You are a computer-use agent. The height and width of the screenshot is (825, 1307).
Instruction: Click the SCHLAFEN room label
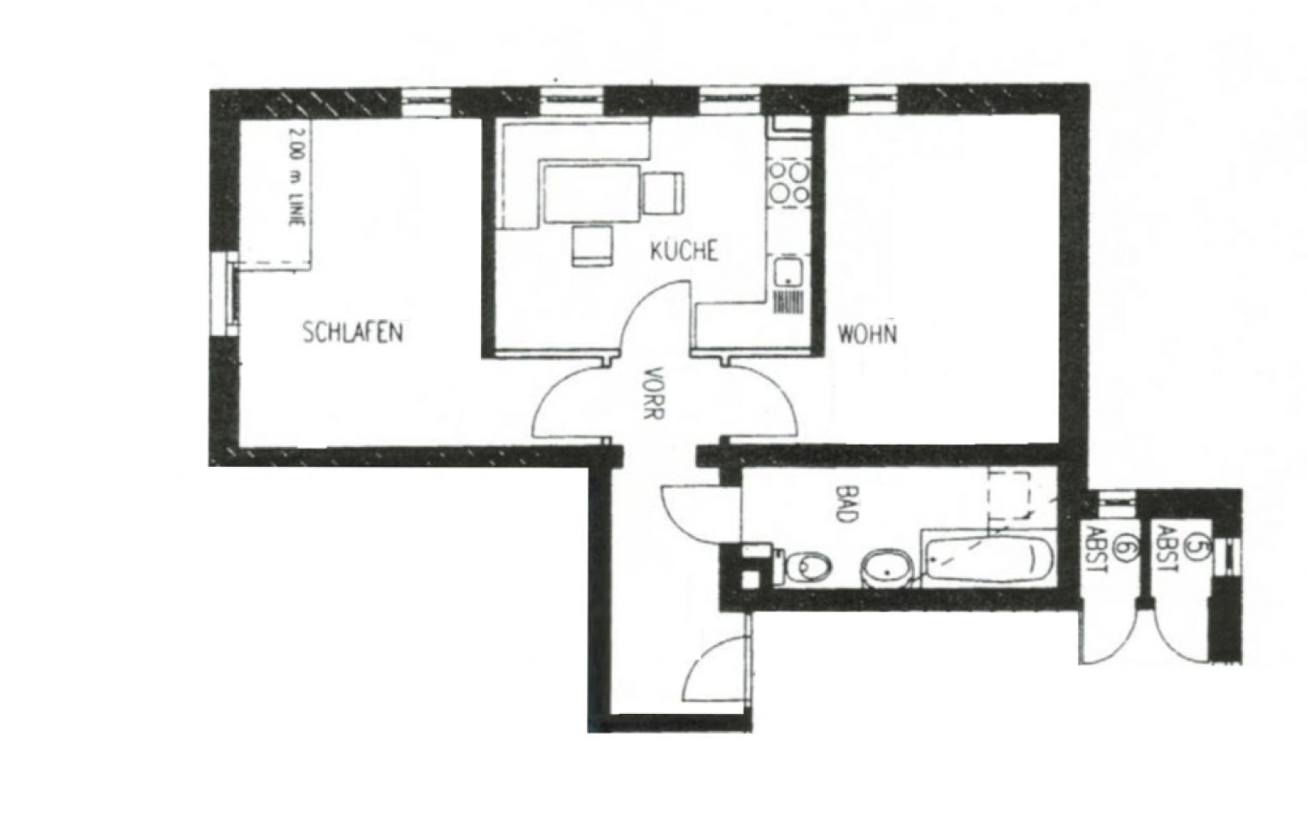(x=352, y=332)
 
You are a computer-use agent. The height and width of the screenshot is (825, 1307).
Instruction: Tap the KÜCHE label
(x=683, y=251)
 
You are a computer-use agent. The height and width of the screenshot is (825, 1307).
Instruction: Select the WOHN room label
(x=867, y=333)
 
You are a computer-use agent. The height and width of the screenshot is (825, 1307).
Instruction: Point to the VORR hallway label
(x=654, y=392)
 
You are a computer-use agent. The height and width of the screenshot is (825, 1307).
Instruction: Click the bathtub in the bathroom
(x=988, y=559)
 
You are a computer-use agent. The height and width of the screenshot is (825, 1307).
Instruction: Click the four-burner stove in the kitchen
(x=789, y=182)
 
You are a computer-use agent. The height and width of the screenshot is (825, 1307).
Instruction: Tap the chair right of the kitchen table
(x=663, y=192)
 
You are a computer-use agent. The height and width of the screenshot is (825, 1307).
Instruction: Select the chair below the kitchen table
(x=592, y=245)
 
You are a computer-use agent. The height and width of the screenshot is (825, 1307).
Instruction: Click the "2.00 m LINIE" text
(x=296, y=175)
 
